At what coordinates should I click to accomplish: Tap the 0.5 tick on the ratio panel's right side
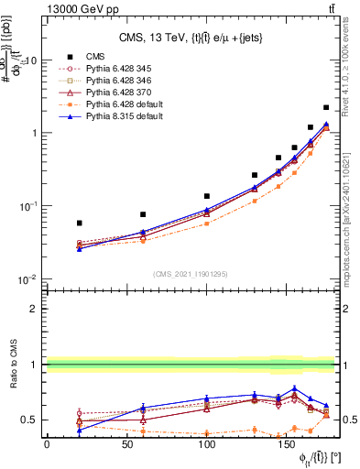click(x=348, y=420)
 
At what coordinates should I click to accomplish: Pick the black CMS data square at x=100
click(x=207, y=196)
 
